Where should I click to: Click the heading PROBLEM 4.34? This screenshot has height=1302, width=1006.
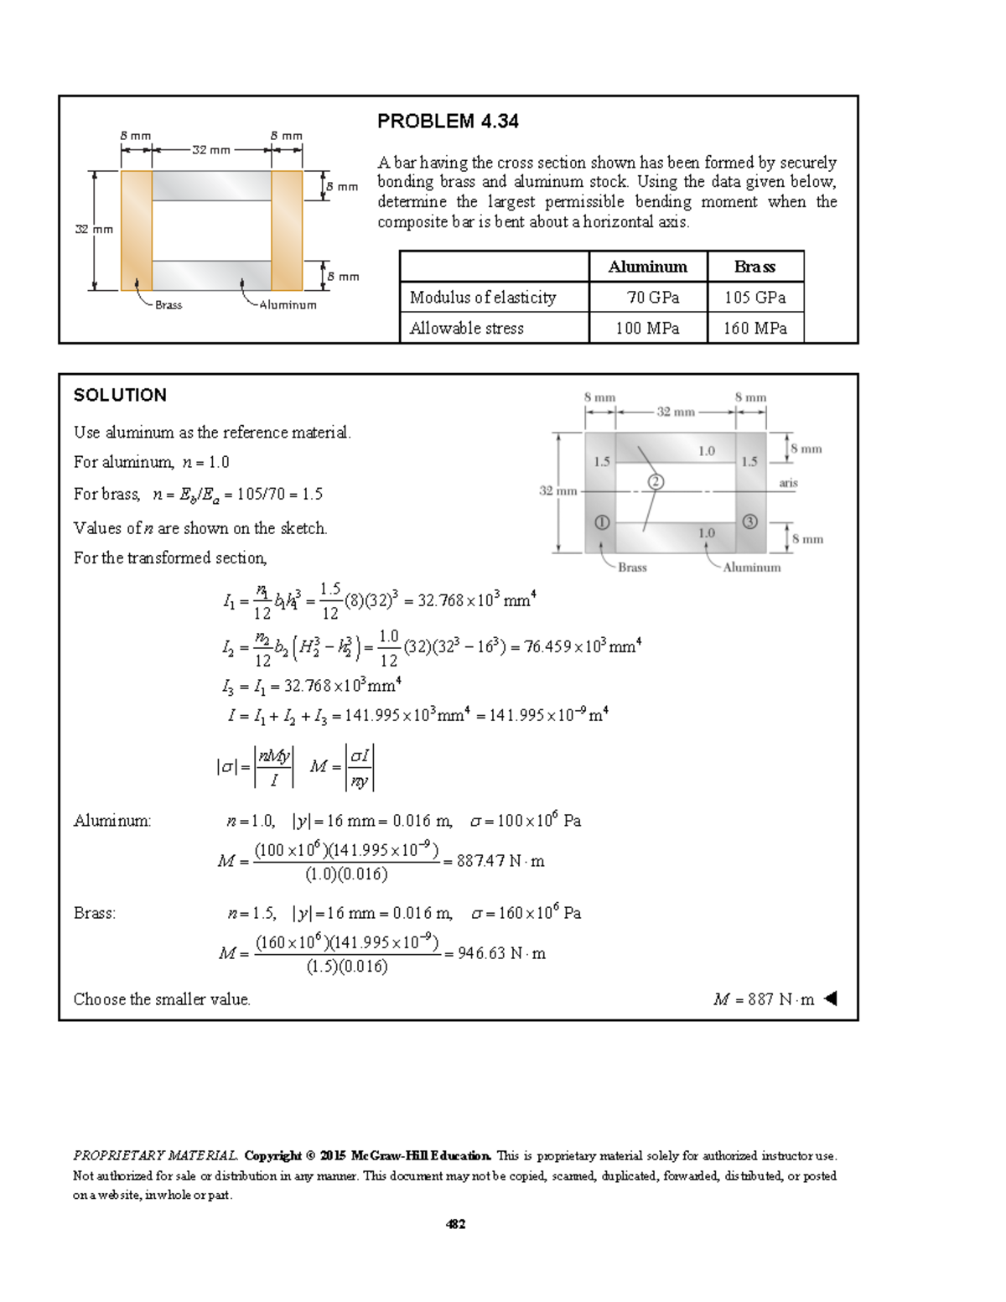[448, 122]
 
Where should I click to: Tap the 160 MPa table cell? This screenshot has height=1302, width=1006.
[754, 329]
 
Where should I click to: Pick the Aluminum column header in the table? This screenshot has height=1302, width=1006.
[647, 267]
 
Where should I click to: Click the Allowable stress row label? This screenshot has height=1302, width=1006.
[467, 329]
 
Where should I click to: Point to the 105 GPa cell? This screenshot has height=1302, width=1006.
[754, 298]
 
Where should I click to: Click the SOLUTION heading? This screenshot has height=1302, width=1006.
[120, 396]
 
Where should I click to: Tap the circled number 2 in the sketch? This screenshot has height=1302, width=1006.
[656, 481]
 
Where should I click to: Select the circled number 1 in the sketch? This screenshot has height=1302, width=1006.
[602, 522]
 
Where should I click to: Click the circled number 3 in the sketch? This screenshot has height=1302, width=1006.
[749, 521]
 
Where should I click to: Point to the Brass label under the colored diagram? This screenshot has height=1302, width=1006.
[169, 305]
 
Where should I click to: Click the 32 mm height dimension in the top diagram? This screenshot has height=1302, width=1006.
[94, 229]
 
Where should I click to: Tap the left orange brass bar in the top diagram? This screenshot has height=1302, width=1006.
[136, 231]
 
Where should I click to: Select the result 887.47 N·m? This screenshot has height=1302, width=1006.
[500, 861]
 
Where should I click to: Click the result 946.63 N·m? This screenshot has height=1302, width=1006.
[501, 953]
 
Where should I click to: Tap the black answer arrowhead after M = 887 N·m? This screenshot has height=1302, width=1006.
[830, 999]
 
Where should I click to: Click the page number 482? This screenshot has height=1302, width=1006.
[455, 1224]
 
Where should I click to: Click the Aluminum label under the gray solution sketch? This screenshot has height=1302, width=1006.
[751, 568]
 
